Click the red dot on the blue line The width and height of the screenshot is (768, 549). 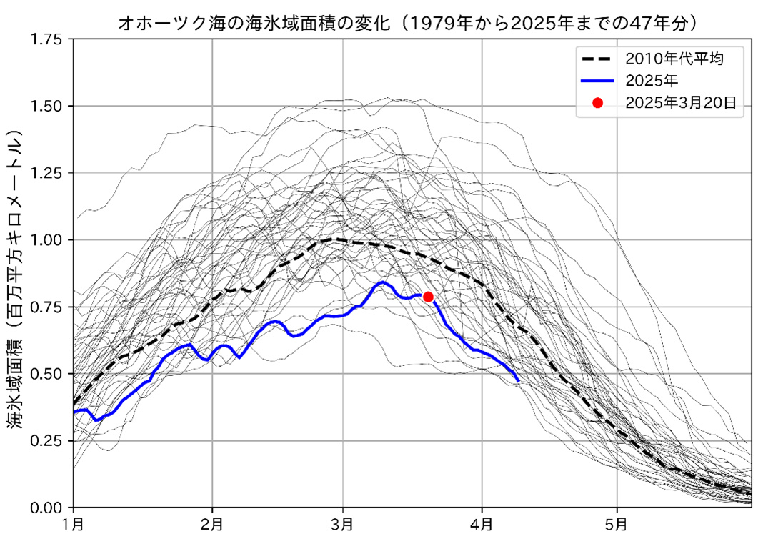point(428,297)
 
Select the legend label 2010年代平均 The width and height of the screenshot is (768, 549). point(674,58)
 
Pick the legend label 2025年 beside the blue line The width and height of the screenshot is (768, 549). point(650,80)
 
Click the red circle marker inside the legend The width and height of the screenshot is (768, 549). point(598,103)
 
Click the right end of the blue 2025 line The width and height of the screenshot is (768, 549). point(518,380)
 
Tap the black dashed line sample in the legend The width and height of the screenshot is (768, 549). point(598,58)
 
